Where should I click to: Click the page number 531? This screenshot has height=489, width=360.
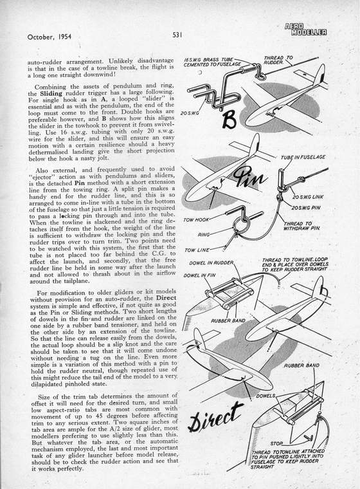coord(177,35)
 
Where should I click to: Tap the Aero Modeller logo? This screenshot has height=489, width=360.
coord(305,30)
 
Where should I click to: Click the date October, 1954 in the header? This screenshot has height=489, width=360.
coord(50,37)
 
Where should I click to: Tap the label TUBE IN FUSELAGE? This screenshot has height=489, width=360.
coord(303,157)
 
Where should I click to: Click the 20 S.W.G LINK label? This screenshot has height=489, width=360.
coord(308,197)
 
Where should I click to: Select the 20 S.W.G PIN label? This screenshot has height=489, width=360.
coord(305,207)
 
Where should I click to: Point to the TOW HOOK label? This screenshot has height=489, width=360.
coord(196,219)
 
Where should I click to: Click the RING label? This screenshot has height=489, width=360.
coord(204,234)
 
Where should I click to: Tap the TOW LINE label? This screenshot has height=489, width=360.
coord(197,250)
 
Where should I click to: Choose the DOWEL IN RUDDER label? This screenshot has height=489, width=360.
coord(212,263)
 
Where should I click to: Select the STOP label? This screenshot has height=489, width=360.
coord(276,443)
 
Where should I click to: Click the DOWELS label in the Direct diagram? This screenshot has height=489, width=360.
coord(265,396)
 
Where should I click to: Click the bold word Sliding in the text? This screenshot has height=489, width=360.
coord(51,93)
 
